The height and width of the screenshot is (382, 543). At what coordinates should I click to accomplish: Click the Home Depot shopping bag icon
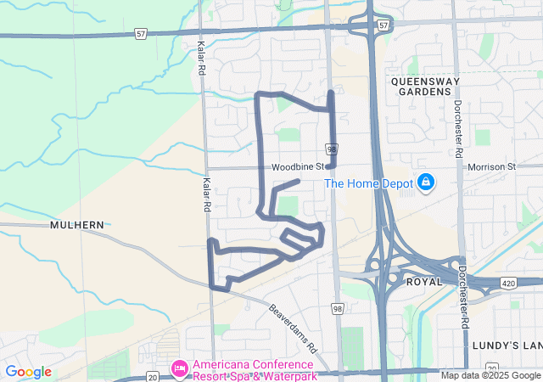coord(425,183)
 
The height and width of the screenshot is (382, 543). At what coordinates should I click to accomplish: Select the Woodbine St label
coord(299,167)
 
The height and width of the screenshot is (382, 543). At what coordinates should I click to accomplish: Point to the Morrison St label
coord(491,167)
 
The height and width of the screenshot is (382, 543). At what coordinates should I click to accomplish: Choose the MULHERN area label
coord(76,225)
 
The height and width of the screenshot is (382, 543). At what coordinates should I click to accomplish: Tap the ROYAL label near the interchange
coord(424,281)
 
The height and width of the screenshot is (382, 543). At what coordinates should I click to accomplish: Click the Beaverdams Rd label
coord(293,329)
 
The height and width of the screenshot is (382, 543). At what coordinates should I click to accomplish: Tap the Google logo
coord(28,372)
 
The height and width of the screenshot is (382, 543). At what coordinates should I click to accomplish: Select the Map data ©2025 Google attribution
coord(490,375)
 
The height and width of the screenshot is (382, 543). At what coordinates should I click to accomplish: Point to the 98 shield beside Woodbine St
coord(332,149)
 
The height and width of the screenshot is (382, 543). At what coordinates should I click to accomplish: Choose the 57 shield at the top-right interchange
coord(383,26)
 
